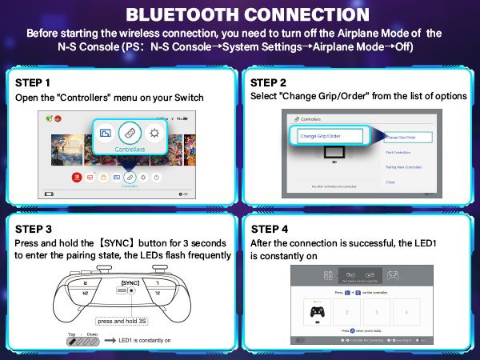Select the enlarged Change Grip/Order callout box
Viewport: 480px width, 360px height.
[329, 136]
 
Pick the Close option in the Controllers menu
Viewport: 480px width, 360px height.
[390, 182]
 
